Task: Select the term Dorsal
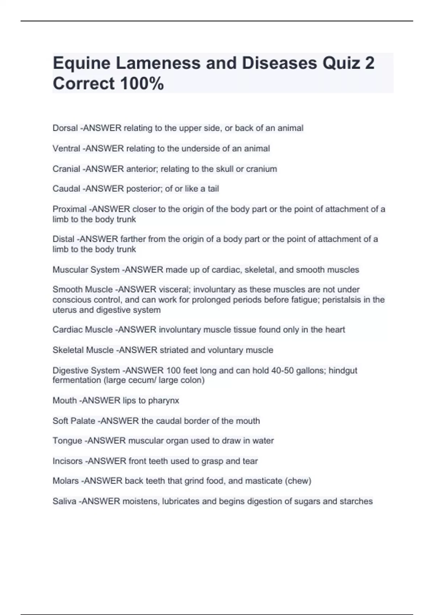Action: pos(65,128)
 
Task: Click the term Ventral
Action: pos(66,149)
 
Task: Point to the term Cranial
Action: pos(66,169)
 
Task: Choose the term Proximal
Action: pos(69,209)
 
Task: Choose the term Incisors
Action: pos(67,461)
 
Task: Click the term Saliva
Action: pos(64,501)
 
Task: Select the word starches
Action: pos(356,501)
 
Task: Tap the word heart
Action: pos(335,330)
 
